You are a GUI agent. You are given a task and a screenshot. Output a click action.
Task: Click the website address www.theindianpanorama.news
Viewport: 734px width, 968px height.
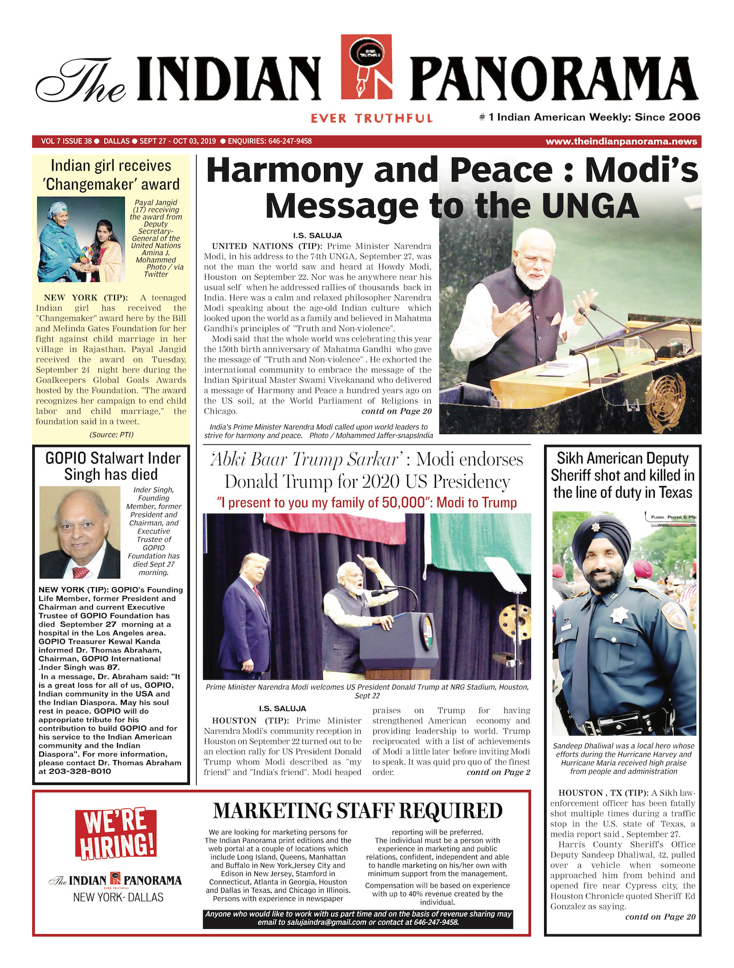[x=621, y=141]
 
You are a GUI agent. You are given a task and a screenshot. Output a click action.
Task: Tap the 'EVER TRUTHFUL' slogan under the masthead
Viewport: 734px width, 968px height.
[x=371, y=118]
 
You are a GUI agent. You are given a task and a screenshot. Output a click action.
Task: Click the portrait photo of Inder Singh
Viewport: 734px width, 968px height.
[x=80, y=532]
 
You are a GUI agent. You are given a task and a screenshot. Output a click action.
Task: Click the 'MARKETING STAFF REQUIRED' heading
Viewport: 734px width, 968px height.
[x=358, y=811]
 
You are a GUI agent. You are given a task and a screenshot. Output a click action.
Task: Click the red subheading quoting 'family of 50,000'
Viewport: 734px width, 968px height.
[x=367, y=503]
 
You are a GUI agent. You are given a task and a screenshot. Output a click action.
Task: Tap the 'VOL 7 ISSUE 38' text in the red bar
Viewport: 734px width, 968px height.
[x=67, y=141]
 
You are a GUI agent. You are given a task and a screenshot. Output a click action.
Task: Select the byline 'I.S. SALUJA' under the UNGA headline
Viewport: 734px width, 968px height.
[x=317, y=235]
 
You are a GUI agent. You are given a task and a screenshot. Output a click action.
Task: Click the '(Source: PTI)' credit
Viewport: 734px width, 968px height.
[x=111, y=435]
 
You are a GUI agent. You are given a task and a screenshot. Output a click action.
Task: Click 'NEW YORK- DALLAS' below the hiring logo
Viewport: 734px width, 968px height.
[x=118, y=897]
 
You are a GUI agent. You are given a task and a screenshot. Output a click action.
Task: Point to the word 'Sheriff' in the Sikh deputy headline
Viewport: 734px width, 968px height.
[x=573, y=475]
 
